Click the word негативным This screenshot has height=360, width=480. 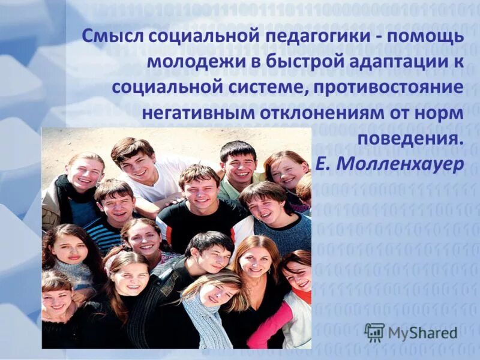196,113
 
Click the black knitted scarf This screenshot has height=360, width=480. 62,192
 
